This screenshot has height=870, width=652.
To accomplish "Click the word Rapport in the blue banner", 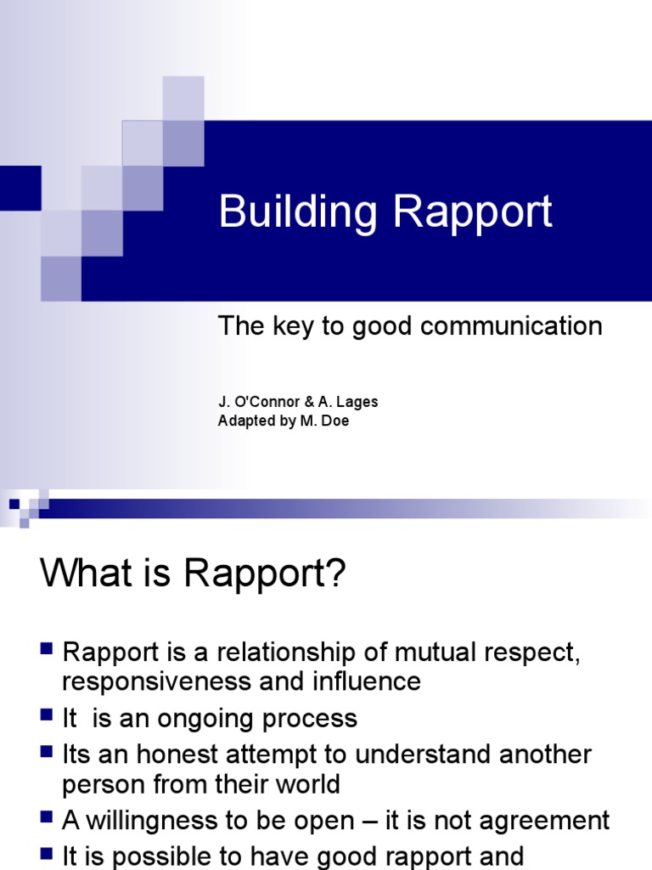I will (x=473, y=212).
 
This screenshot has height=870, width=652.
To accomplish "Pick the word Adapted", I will (x=244, y=421).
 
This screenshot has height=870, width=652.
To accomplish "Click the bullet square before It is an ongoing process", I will (x=48, y=716).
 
